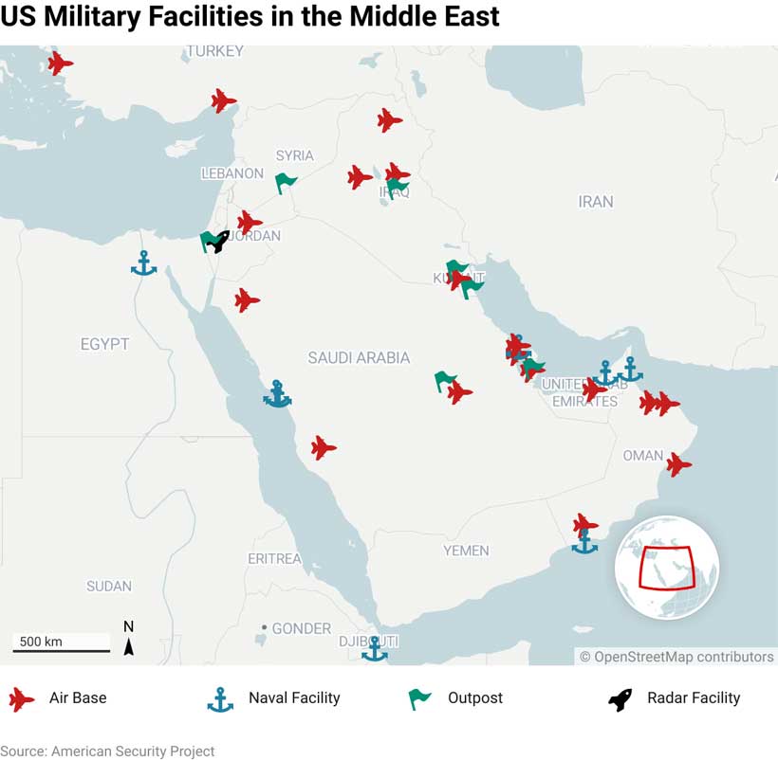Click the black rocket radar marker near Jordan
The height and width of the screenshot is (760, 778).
218,241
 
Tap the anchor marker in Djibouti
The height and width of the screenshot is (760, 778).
375,649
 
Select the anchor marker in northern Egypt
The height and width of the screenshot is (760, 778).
143,263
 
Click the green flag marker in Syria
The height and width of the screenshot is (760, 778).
286,182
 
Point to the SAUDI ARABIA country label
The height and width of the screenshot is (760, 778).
359,357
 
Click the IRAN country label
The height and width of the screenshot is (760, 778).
596,201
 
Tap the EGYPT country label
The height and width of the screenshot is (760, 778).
104,344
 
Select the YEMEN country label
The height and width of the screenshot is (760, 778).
466,551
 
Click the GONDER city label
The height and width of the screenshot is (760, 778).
301,628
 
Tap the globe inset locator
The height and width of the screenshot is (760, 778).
666,568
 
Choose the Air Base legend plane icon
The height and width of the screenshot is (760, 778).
21,699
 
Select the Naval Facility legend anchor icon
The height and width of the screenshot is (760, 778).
220,699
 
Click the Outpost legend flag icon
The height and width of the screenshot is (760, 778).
419,699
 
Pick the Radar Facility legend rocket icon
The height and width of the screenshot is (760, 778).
621,699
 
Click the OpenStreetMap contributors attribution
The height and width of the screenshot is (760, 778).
676,657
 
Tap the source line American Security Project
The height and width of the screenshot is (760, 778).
107,751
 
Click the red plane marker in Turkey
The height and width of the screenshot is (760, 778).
223,100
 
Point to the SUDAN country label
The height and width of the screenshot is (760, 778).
109,587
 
